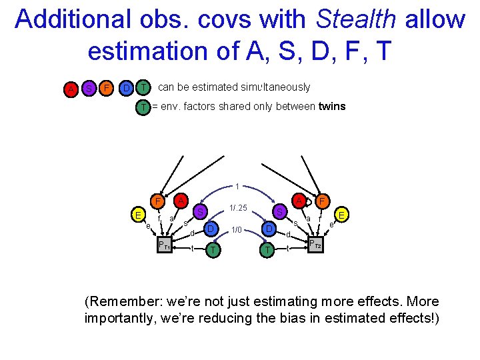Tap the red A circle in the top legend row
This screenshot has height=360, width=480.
70,88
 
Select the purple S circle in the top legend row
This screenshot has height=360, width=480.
88,88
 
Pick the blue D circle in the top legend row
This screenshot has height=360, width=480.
125,87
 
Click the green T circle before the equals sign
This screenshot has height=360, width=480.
143,107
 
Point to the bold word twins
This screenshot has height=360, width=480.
332,107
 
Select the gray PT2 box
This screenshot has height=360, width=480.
314,245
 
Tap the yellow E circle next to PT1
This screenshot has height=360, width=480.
137,215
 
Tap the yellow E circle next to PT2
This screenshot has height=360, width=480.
341,215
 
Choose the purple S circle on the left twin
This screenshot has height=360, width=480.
199,212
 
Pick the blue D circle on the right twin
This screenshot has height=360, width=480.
268,230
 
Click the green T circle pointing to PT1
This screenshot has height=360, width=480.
213,249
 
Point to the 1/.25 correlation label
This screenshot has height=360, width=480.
238,209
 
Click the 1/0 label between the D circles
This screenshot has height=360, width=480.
237,231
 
